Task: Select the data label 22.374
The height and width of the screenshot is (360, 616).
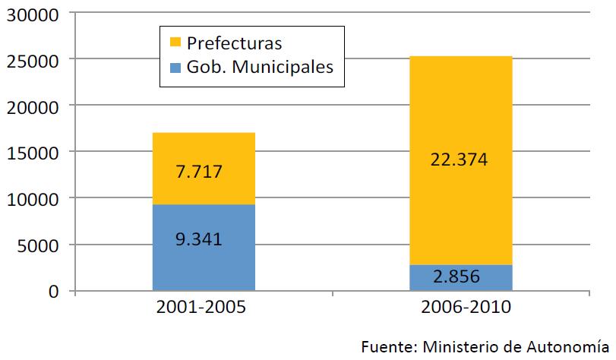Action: (x=461, y=160)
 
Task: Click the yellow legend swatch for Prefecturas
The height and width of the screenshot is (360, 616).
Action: (x=175, y=42)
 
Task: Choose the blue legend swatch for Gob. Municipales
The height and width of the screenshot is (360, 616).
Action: (x=175, y=66)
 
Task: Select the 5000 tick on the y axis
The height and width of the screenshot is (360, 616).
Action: (x=36, y=245)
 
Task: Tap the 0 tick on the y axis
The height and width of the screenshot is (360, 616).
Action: (x=52, y=292)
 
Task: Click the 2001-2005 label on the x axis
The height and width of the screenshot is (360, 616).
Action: (x=204, y=311)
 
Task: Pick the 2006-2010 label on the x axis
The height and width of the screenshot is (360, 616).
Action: (x=461, y=311)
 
